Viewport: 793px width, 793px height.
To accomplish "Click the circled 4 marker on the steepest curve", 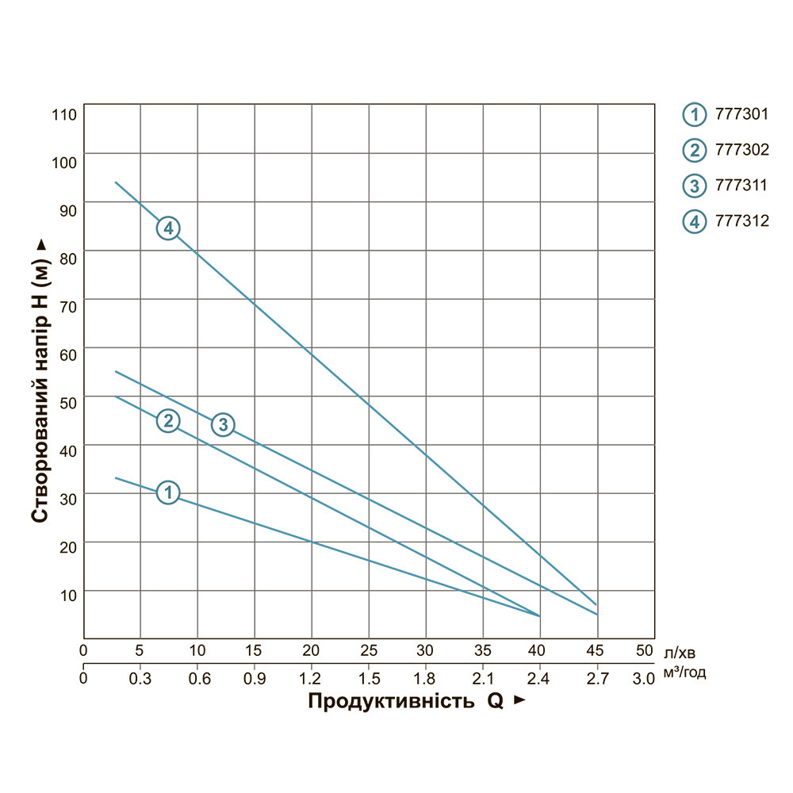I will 168,228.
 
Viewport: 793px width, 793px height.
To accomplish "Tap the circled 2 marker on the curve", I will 168,420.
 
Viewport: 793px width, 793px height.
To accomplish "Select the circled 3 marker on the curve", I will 224,424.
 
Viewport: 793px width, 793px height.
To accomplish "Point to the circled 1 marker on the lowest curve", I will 168,492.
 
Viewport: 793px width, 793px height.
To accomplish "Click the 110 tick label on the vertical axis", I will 63,115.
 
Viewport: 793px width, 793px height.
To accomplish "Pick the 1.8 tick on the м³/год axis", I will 426,678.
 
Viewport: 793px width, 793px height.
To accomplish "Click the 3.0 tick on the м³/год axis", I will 644,678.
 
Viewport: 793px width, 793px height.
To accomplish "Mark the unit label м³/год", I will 684,673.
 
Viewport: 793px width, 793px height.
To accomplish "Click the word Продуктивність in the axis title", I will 392,702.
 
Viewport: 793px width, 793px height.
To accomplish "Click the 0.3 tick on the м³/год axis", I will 140,678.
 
